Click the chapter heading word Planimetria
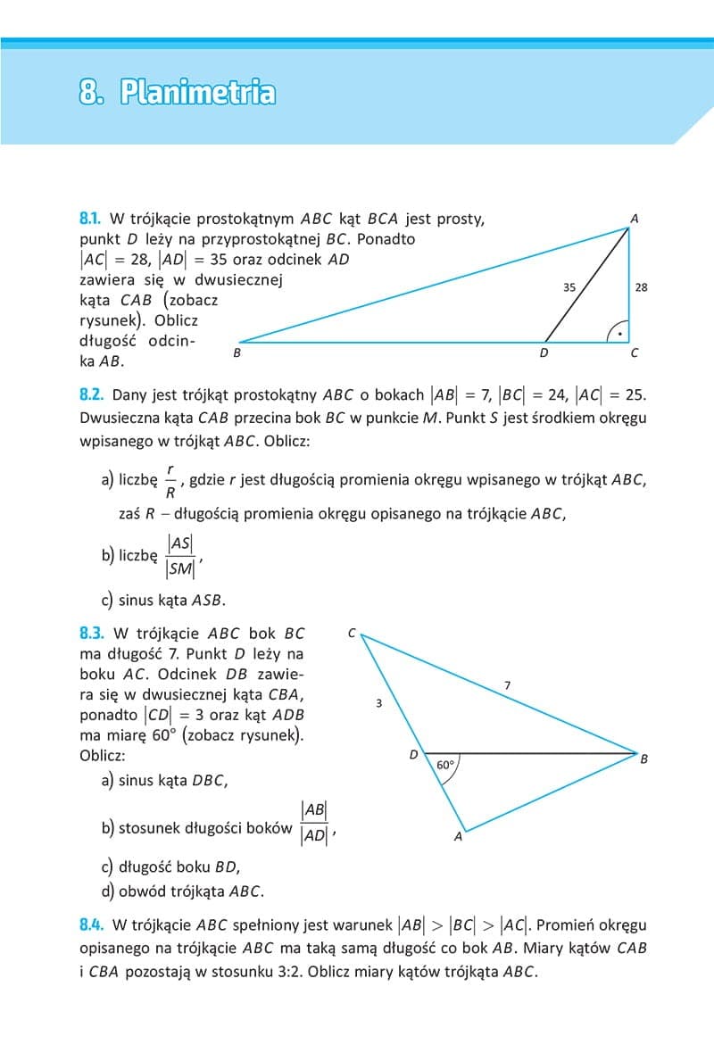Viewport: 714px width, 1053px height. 197,92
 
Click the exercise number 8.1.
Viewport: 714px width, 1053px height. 91,219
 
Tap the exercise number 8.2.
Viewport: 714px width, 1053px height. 92,394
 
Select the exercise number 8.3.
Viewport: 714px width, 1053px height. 92,634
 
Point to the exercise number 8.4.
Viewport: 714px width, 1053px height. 92,925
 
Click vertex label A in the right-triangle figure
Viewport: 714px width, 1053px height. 634,219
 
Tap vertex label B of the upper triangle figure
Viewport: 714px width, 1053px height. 237,353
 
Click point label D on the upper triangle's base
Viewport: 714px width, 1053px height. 544,353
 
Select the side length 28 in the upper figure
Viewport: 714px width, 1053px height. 641,287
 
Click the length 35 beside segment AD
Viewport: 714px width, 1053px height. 569,287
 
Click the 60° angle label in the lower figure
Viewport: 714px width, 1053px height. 445,765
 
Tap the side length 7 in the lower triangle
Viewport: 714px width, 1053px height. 507,685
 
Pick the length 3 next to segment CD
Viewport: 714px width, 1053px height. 378,703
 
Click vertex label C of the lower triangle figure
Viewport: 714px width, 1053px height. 352,634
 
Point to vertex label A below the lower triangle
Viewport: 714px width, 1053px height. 458,837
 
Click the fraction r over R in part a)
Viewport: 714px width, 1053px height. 170,479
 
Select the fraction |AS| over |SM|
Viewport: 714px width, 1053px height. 181,555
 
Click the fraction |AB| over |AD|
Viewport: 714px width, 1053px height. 314,823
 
